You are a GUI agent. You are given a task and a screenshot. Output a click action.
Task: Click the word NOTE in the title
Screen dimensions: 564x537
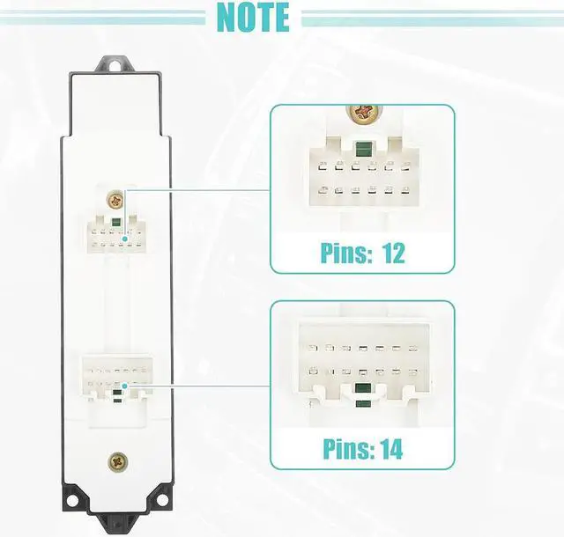point(252,17)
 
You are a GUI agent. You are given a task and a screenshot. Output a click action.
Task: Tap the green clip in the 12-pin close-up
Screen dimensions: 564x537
point(360,150)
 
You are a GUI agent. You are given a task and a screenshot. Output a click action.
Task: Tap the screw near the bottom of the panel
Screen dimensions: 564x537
point(116,460)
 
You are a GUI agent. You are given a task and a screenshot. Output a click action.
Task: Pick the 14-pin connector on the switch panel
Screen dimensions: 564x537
point(115,377)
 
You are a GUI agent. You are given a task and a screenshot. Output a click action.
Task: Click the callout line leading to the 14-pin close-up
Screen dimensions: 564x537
point(203,385)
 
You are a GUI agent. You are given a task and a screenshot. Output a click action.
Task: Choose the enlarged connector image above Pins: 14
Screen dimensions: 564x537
point(360,365)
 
